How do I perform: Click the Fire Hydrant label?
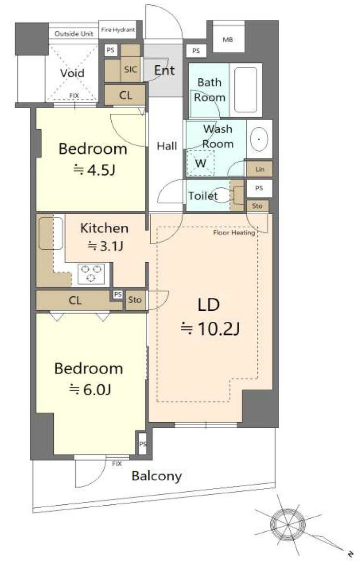pyautogui.click(x=118, y=30)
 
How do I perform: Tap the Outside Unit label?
pyautogui.click(x=73, y=34)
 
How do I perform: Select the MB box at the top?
pyautogui.click(x=228, y=37)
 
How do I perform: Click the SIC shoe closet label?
pyautogui.click(x=131, y=69)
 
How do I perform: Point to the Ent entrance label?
pyautogui.click(x=165, y=71)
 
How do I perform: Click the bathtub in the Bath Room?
pyautogui.click(x=246, y=90)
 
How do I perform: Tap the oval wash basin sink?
pyautogui.click(x=259, y=139)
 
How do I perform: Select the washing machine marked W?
pyautogui.click(x=201, y=163)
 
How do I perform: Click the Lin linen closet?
pyautogui.click(x=260, y=169)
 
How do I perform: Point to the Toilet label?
pyautogui.click(x=203, y=195)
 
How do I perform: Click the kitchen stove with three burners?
pyautogui.click(x=91, y=274)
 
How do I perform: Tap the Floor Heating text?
pyautogui.click(x=234, y=233)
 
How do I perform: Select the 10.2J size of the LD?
pyautogui.click(x=210, y=329)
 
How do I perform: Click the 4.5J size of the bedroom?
pyautogui.click(x=94, y=170)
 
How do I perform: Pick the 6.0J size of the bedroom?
pyautogui.click(x=90, y=389)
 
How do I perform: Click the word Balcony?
pyautogui.click(x=156, y=476)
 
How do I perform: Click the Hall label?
pyautogui.click(x=167, y=146)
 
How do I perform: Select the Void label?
pyautogui.click(x=72, y=73)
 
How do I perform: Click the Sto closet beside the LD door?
pyautogui.click(x=135, y=300)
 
